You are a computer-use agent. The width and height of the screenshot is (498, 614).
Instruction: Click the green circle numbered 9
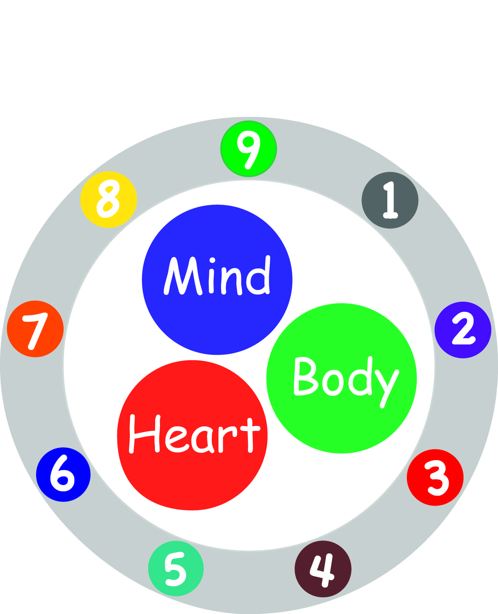click(x=249, y=149)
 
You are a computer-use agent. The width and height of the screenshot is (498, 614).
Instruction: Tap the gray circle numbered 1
click(x=390, y=200)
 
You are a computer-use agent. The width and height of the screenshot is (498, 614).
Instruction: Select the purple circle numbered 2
click(x=463, y=330)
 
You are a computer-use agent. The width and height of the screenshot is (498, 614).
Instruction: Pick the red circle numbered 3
click(x=435, y=477)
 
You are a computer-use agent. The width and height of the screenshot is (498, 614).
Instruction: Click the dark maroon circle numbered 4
click(x=323, y=569)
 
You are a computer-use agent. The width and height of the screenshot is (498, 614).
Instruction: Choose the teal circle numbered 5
click(x=176, y=568)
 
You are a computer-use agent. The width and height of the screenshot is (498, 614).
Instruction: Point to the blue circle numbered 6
click(x=63, y=474)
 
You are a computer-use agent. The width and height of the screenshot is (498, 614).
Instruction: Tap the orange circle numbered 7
click(x=35, y=329)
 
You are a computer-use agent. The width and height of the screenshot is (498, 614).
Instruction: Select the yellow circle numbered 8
click(x=109, y=199)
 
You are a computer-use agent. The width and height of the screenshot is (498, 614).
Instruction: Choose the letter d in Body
click(x=362, y=378)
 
